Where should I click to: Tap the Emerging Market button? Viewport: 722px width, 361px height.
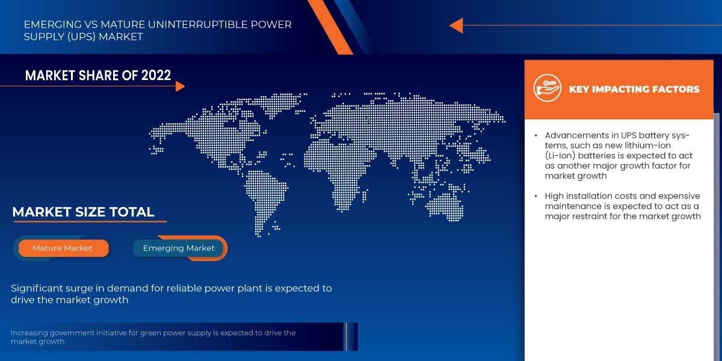179,248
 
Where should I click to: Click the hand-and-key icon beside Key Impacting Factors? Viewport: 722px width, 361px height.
547,88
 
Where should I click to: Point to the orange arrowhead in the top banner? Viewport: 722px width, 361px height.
456,25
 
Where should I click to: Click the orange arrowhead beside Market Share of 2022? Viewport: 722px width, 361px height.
180,87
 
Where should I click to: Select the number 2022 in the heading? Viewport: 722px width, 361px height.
156,75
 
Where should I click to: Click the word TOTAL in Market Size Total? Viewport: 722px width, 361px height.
132,212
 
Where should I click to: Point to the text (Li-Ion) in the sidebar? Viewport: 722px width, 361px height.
560,156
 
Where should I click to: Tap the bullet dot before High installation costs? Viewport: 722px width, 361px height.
535,196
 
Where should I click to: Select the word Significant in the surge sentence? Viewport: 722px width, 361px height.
36,288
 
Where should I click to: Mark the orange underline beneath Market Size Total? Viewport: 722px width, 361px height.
90,222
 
